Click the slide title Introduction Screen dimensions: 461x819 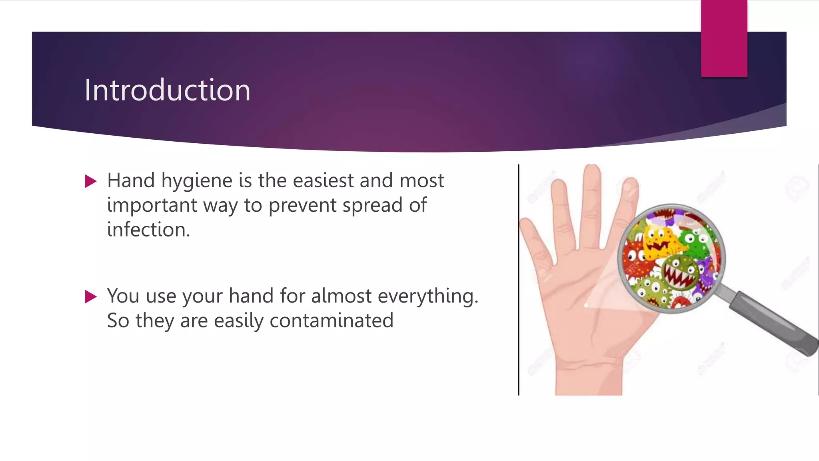[167, 90]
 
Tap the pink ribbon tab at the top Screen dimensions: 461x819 [724, 38]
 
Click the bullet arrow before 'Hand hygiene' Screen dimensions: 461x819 [91, 181]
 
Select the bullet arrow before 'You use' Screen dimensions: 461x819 [91, 297]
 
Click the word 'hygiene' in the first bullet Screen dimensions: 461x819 [197, 181]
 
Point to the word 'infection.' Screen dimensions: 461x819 [148, 230]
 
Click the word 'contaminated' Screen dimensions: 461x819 [332, 321]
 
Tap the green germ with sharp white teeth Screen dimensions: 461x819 [680, 273]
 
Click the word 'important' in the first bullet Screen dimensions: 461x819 [152, 206]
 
